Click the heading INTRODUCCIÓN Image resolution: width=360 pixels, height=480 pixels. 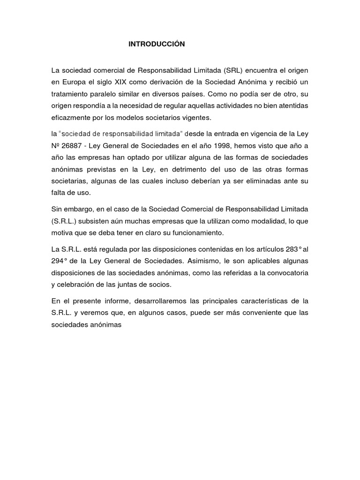pyautogui.click(x=157, y=44)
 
